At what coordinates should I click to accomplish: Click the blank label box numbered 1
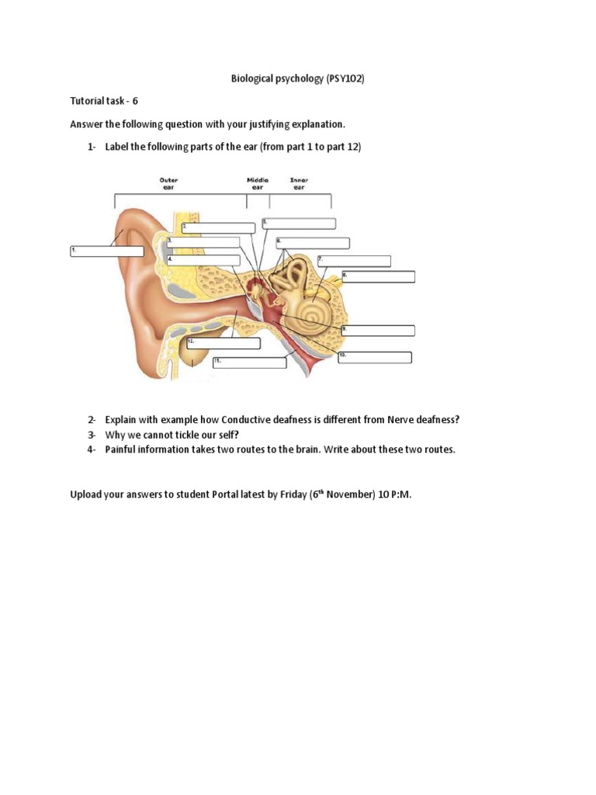[x=107, y=252]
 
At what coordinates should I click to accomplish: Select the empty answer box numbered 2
[x=218, y=227]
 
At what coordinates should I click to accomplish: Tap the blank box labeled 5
[x=299, y=224]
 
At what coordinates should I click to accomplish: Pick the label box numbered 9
[x=378, y=331]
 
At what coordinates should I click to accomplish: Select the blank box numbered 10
[x=374, y=357]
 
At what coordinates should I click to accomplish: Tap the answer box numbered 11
[x=250, y=363]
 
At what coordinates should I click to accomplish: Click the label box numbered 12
[x=223, y=343]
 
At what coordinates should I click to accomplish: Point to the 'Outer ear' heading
[x=168, y=183]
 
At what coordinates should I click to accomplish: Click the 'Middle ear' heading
[x=258, y=183]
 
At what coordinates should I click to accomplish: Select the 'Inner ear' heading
[x=299, y=183]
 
